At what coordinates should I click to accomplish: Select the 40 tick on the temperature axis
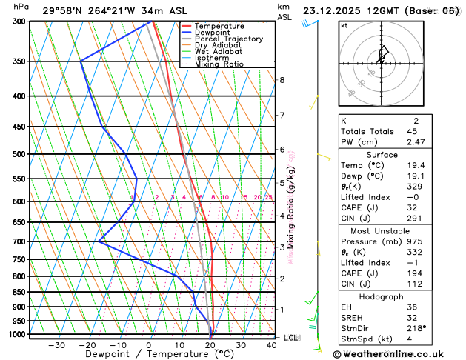coord(272,345)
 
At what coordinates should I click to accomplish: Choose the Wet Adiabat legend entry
coord(219,51)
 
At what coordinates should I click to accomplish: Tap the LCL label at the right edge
coord(292,338)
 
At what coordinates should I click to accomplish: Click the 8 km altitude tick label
coord(282,80)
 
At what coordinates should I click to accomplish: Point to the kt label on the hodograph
coord(344,26)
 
